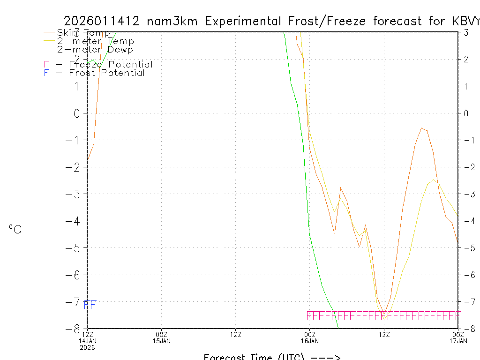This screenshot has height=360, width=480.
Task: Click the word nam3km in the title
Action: (x=173, y=21)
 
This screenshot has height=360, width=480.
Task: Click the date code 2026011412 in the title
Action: (x=102, y=21)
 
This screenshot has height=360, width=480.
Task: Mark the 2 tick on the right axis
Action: (x=466, y=59)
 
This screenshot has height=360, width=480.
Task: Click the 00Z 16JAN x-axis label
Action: (x=309, y=337)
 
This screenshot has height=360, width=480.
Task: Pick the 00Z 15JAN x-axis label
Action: (x=161, y=337)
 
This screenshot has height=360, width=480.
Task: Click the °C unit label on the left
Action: (x=15, y=230)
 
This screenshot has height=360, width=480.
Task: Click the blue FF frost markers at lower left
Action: (x=90, y=305)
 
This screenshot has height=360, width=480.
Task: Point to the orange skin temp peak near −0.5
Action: (x=422, y=127)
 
